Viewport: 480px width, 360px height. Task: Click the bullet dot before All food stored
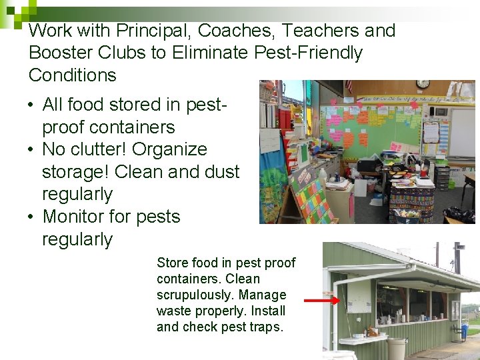coord(32,105)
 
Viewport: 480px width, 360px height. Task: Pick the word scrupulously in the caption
coord(195,295)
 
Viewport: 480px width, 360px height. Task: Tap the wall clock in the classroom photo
coord(423,84)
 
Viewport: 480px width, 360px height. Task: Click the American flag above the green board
coord(348,87)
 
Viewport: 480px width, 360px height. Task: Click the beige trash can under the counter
coord(396,348)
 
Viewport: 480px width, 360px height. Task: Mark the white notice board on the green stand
coord(359,295)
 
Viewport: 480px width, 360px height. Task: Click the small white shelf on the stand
coord(363,339)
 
